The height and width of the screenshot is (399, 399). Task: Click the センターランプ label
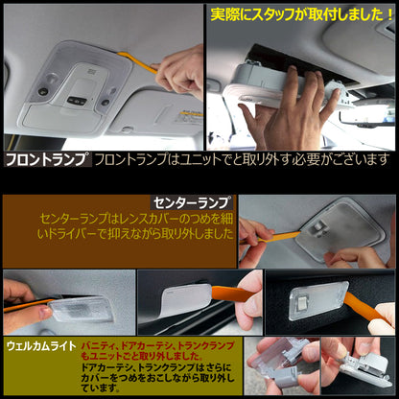(191, 202)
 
